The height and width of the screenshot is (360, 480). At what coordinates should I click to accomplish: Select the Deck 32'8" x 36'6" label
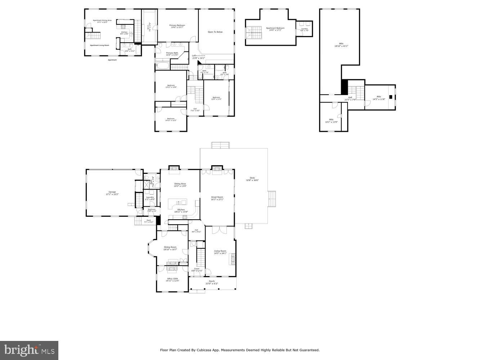[252, 179]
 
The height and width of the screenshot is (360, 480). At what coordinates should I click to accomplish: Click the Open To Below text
[215, 32]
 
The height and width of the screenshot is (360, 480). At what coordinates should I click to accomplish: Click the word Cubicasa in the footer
[203, 350]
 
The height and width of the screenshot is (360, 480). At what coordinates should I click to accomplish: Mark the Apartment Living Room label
[99, 45]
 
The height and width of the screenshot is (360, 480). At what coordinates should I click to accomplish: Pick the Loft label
[194, 56]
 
